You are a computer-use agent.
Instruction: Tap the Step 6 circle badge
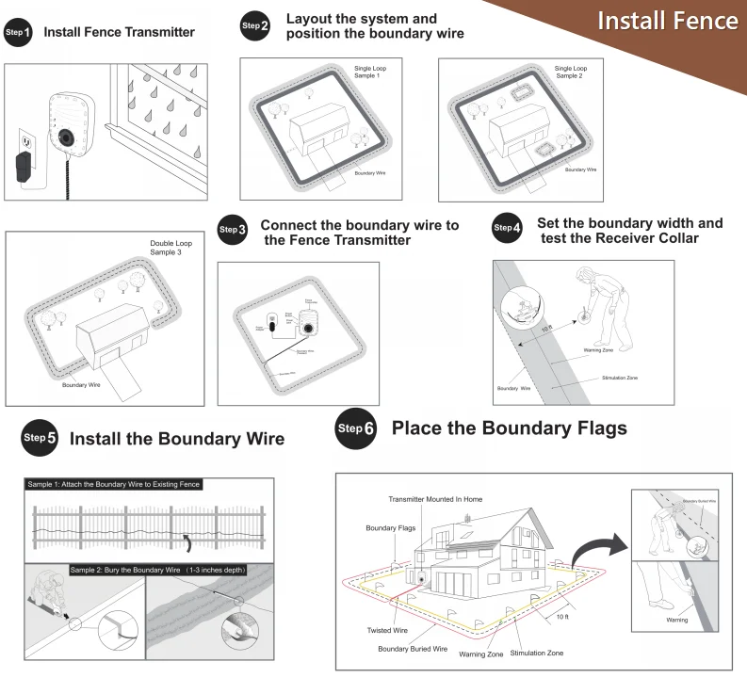pos(356,430)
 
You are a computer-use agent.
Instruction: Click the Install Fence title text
pos(668,21)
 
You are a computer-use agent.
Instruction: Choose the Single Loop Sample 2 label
pos(570,72)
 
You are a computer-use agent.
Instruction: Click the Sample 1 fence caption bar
pos(113,484)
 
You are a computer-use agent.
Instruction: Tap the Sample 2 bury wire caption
pos(159,569)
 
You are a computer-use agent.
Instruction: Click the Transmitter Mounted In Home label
pos(435,498)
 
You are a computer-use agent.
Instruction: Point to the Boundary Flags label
pos(391,528)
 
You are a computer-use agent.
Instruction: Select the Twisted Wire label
pos(387,630)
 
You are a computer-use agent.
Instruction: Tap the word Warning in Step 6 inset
pos(675,620)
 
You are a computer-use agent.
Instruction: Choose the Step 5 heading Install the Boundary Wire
pos(177,440)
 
